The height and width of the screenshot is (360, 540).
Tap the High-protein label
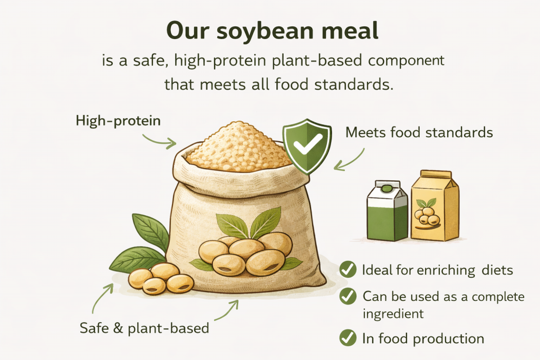[x=118, y=121]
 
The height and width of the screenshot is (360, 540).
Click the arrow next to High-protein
[x=159, y=142]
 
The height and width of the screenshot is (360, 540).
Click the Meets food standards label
[x=419, y=132]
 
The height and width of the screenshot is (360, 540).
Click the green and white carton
[x=388, y=211]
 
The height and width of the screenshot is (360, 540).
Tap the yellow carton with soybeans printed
[x=435, y=206]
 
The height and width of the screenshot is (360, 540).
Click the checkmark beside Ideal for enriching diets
[x=348, y=269]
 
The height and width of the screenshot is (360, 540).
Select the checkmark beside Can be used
[x=348, y=296]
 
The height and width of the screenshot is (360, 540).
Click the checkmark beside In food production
[x=348, y=338]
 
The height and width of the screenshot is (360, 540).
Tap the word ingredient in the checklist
[x=393, y=314]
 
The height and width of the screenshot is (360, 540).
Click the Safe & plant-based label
[x=144, y=328]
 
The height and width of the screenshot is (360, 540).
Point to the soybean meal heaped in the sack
[x=238, y=148]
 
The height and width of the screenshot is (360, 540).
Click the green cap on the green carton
[x=387, y=189]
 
